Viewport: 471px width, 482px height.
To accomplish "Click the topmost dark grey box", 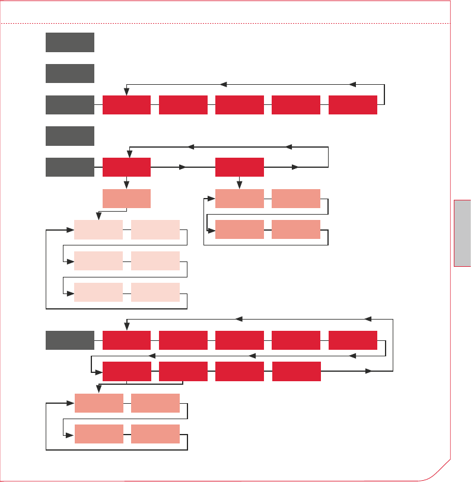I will coord(69,42).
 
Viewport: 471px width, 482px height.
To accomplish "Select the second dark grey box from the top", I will coord(69,74).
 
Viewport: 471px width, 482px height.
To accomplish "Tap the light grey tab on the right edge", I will coord(463,233).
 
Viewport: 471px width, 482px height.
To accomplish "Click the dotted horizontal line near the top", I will coord(225,24).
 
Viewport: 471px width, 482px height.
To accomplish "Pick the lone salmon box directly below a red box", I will coord(126,199).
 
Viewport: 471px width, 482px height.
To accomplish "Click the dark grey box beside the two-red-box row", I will coord(69,167).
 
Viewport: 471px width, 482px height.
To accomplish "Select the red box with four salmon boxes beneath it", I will coord(239,167).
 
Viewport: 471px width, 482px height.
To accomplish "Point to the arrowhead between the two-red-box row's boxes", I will coord(183,167).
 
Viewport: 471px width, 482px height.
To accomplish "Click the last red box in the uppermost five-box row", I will coord(352,104).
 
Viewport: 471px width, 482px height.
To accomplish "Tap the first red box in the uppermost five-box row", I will coord(126,104).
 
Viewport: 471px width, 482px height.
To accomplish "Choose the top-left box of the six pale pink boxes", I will coord(98,230).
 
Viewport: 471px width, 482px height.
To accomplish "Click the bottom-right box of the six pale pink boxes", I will coord(155,292).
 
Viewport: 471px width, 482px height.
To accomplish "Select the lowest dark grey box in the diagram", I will coord(69,341).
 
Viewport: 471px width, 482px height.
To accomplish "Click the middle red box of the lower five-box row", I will coord(239,341).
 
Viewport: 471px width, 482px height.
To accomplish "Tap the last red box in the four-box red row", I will coord(296,372).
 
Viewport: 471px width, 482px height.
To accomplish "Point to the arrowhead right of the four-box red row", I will coord(368,372).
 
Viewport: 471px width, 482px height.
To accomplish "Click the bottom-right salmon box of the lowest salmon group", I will coord(155,434).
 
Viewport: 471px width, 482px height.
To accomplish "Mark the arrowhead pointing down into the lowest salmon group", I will coord(98,389).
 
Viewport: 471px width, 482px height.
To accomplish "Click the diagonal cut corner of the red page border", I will coord(438,469).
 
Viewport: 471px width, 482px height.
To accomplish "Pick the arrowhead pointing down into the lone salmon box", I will coord(126,185).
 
